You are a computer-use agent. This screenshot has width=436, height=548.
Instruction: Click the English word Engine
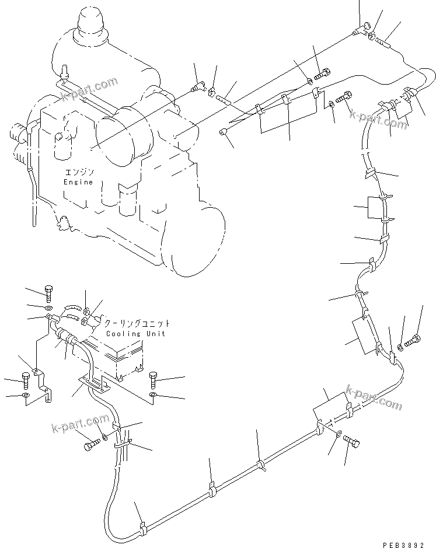78,182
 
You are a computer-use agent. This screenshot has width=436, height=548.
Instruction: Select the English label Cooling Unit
135,333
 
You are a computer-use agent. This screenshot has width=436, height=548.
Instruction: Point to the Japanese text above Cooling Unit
137,323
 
